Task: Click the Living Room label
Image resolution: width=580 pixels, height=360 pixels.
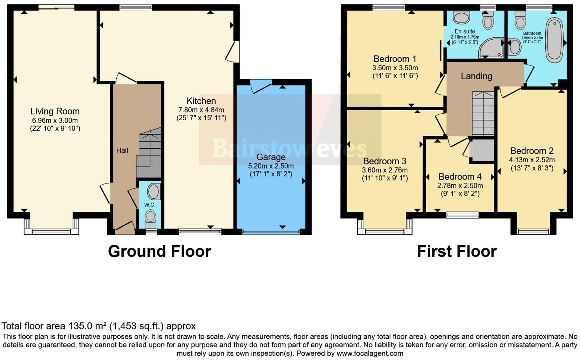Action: [55, 111]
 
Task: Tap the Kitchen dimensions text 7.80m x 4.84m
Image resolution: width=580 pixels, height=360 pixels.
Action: [201, 110]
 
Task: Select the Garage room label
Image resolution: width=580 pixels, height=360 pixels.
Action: [271, 157]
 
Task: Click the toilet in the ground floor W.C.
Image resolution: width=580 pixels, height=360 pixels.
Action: [151, 219]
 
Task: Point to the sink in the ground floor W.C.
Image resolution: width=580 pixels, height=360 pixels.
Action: [153, 192]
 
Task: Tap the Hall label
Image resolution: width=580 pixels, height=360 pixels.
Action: [122, 151]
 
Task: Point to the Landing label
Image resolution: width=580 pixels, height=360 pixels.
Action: [476, 76]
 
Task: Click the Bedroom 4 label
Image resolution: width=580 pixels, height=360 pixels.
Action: [460, 177]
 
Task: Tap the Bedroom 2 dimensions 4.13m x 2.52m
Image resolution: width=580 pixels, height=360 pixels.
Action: [532, 160]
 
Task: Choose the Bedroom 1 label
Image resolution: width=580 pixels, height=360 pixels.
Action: [395, 59]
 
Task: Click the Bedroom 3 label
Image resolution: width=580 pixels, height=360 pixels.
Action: [385, 161]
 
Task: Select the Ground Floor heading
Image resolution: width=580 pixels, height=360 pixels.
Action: [159, 252]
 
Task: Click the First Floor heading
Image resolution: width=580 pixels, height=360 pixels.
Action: [456, 252]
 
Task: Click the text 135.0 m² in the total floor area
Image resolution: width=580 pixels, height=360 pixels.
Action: [87, 326]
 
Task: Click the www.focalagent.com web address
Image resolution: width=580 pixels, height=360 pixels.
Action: [370, 354]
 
